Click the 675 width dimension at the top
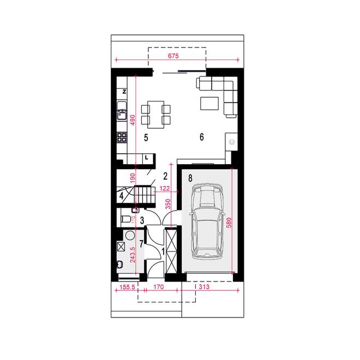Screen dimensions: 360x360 click(173, 56)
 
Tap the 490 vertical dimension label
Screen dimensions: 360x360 click(133, 120)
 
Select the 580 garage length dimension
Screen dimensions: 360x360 click(229, 223)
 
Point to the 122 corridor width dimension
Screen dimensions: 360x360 click(165, 189)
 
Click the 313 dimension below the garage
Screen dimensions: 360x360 click(205, 286)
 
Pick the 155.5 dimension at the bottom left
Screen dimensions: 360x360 click(127, 287)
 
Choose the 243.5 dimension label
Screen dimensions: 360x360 click(133, 255)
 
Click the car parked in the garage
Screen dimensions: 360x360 click(207, 221)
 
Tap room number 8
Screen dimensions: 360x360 click(190, 178)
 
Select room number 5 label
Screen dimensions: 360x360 click(146, 138)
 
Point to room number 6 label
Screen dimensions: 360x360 click(202, 137)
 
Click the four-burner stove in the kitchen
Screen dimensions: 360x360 click(122, 137)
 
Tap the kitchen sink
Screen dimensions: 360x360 click(122, 111)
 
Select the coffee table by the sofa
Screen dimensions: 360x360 click(209, 104)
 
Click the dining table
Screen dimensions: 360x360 click(156, 115)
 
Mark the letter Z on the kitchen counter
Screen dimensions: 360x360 click(124, 92)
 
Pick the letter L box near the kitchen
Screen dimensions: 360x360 click(146, 158)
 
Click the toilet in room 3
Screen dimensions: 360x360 click(125, 219)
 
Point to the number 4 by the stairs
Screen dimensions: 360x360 click(122, 196)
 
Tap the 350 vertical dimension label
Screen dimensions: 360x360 click(168, 204)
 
